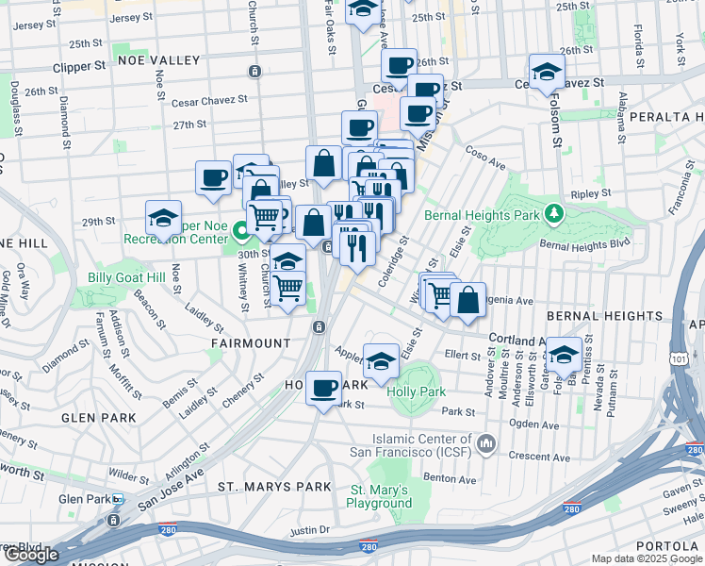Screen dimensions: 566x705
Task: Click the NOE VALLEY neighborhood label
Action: (x=159, y=60)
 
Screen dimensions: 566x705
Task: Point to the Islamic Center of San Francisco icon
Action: (x=486, y=442)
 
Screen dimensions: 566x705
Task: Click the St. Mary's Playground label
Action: (x=379, y=496)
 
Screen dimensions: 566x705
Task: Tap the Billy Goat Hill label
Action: (x=125, y=277)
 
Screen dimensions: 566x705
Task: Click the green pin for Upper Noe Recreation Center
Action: (x=240, y=230)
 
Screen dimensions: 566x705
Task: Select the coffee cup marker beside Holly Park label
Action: (x=323, y=388)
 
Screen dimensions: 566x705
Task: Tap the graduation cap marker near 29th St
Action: (x=163, y=218)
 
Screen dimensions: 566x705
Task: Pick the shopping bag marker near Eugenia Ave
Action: (x=467, y=300)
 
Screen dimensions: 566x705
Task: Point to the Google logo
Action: (x=30, y=555)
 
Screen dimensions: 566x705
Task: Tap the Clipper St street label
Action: (x=80, y=67)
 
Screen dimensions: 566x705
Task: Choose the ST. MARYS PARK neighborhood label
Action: (x=274, y=487)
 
